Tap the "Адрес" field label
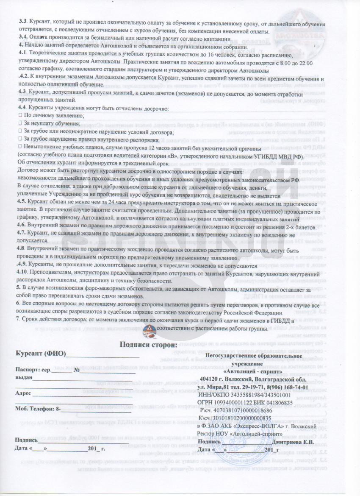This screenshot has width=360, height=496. point(23,393)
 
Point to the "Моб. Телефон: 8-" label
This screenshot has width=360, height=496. point(38,409)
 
